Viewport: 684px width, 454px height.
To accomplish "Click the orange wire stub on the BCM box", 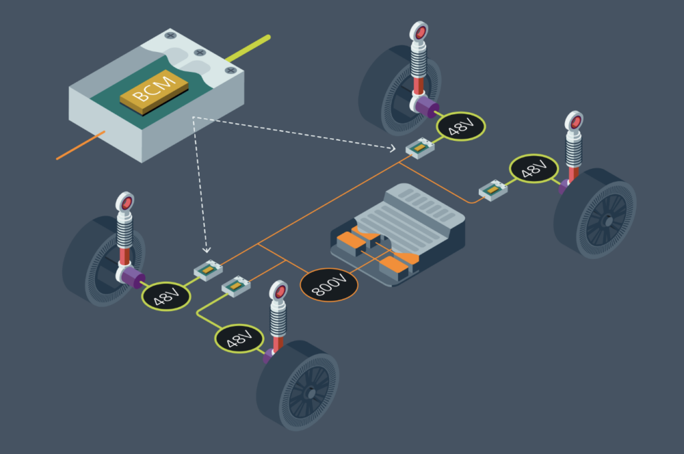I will [x=80, y=146].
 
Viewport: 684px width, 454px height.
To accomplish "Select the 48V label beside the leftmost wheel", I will [x=165, y=294].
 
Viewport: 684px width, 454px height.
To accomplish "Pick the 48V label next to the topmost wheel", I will [x=460, y=124].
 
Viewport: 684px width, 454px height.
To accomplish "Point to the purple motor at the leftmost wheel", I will [x=135, y=278].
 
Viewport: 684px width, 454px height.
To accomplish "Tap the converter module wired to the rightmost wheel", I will [x=493, y=191].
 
